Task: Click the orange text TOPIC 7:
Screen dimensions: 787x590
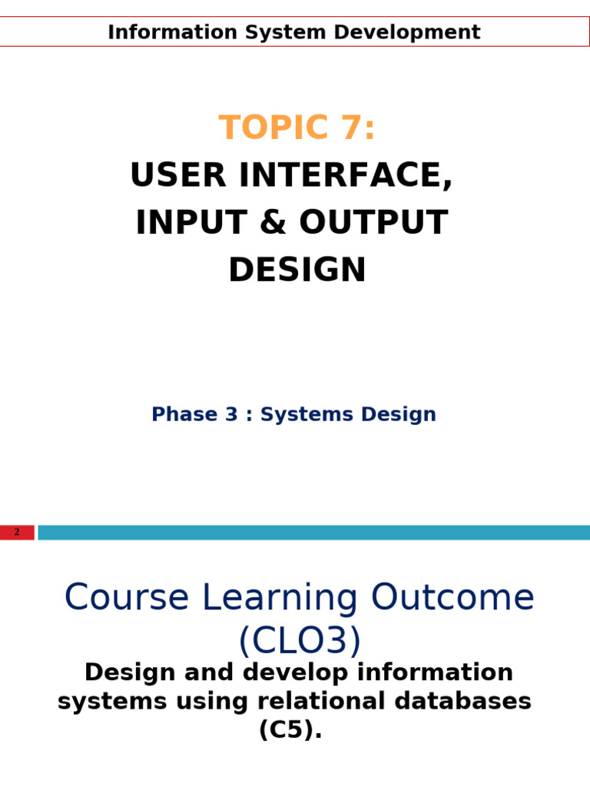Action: (x=297, y=128)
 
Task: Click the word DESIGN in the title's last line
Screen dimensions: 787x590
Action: (x=297, y=271)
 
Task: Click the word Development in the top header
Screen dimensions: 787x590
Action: (x=417, y=32)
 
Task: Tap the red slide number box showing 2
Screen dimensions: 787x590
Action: (x=17, y=532)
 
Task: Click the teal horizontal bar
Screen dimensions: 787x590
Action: (x=313, y=532)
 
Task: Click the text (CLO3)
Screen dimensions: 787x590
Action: (x=299, y=641)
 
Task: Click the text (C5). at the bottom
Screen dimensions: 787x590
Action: (x=290, y=730)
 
